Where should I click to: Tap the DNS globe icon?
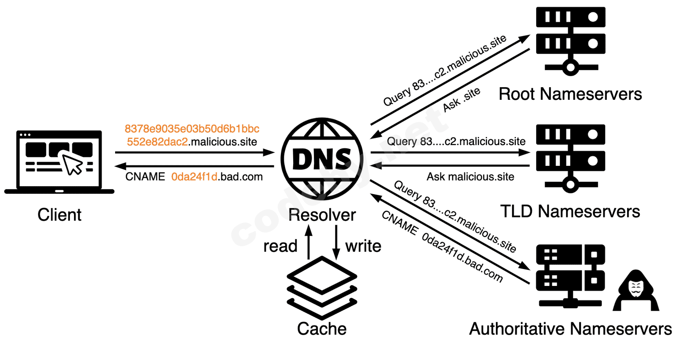[322, 159]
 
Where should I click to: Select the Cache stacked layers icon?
[322, 288]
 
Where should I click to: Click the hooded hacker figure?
[636, 291]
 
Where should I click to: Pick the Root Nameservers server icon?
[570, 41]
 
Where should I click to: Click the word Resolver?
[322, 215]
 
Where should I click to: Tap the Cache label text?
[322, 329]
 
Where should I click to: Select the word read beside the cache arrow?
[280, 246]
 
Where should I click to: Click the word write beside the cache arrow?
[363, 246]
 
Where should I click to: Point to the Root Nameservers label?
[570, 94]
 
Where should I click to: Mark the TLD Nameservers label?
[570, 211]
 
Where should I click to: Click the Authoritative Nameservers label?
[570, 329]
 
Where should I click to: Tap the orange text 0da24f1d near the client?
[194, 177]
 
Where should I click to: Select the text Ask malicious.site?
[470, 177]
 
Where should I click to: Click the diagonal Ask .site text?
[461, 100]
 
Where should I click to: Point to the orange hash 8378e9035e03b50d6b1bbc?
[192, 129]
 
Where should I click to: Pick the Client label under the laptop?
[59, 215]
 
